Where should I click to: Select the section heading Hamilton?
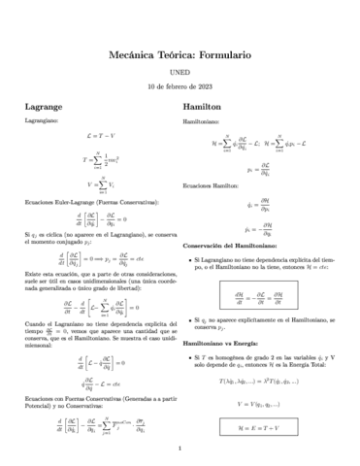point(202,103)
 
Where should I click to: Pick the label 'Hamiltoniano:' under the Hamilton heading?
point(204,123)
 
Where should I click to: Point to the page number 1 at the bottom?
point(180,448)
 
